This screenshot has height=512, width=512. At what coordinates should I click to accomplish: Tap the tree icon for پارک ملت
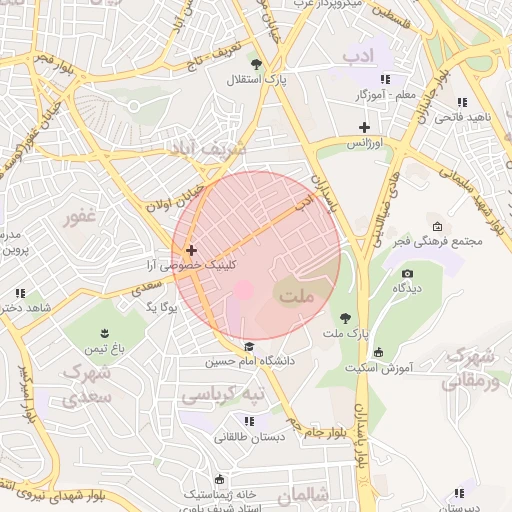tap(346, 317)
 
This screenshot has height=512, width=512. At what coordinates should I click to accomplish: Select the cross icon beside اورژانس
tap(364, 128)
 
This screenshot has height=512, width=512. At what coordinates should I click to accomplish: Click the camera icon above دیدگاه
tap(407, 274)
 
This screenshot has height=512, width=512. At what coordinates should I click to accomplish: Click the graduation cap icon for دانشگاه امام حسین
tap(248, 347)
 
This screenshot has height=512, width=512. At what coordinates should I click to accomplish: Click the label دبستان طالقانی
tap(248, 437)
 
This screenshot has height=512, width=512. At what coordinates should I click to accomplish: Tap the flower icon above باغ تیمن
tap(107, 332)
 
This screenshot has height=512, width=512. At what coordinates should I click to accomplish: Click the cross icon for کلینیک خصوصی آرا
tap(191, 250)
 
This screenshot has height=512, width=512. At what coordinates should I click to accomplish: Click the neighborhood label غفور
tap(78, 217)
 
